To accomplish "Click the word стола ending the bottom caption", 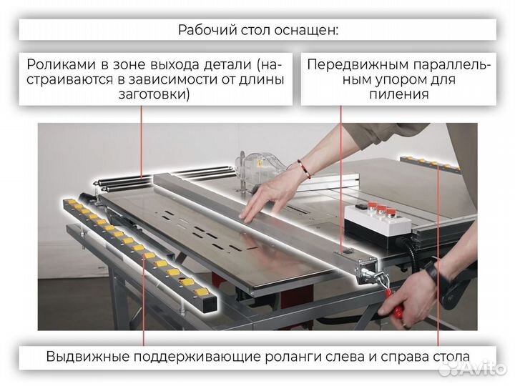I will tap(450, 356).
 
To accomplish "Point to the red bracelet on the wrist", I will tap(305, 169).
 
